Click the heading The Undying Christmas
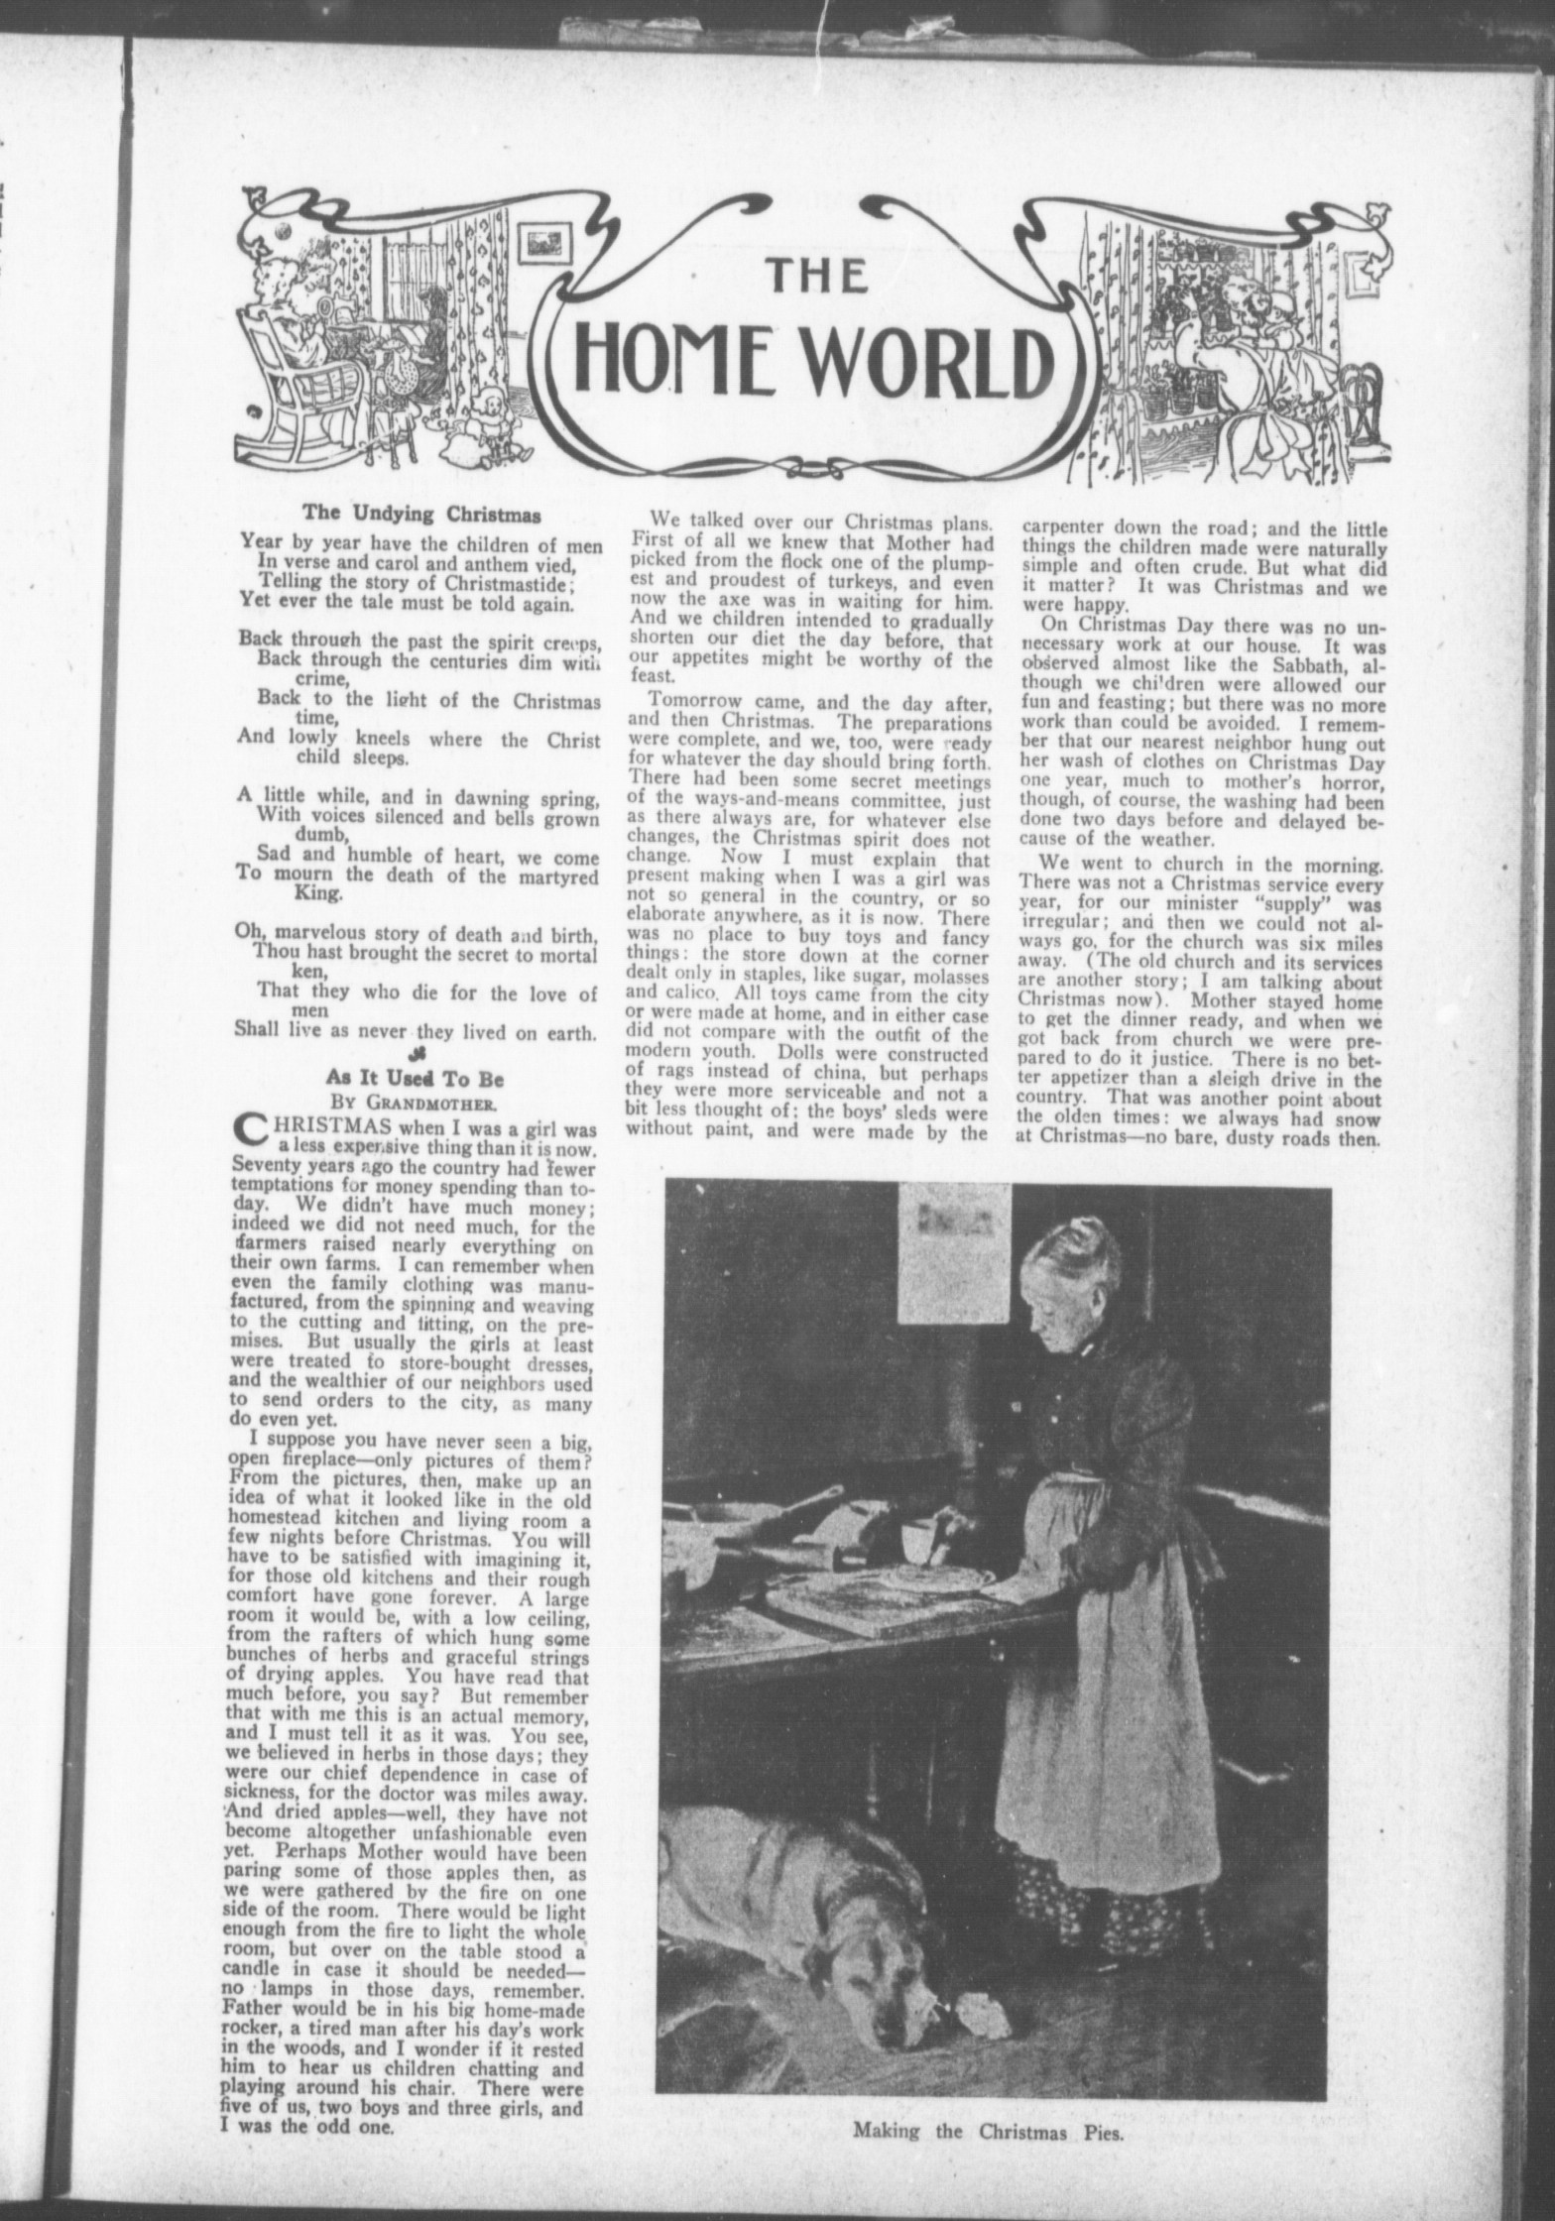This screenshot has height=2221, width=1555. point(421,515)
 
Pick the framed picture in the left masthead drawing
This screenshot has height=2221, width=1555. point(549,241)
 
